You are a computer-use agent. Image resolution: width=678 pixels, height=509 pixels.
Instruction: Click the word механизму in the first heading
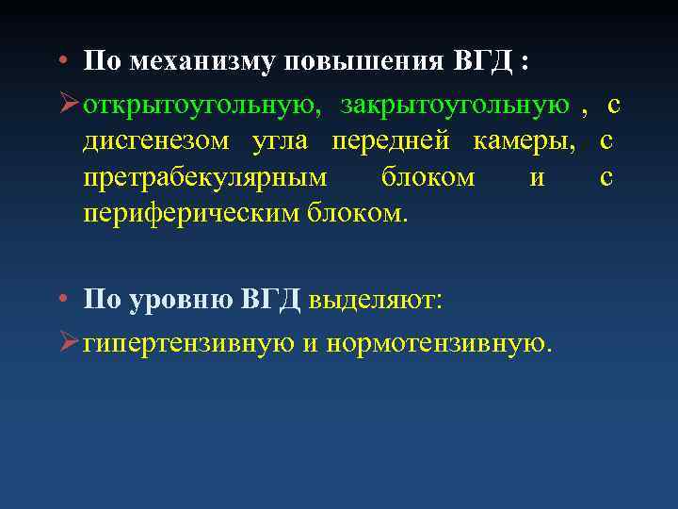pos(192,63)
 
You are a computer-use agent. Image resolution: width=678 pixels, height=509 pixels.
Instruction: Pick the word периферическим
pos(191,214)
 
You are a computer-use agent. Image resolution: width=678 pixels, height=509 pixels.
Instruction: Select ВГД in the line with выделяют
pos(271,300)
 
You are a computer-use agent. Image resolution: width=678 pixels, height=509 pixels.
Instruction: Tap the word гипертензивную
pos(189,341)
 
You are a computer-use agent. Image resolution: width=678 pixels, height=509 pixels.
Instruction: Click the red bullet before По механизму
pos(59,63)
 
